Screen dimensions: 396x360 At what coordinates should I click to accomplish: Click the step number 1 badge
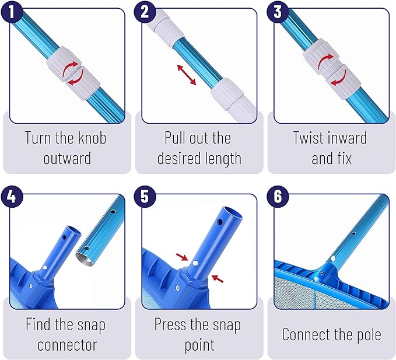[x=12, y=12]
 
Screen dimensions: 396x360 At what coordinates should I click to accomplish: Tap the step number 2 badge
[x=145, y=12]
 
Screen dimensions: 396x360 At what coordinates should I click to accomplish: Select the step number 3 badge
[x=278, y=12]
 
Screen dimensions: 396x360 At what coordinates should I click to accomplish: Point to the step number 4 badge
[x=12, y=197]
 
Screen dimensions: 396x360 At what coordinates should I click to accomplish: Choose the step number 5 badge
[x=145, y=197]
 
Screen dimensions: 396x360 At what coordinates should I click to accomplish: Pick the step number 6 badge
[x=278, y=197]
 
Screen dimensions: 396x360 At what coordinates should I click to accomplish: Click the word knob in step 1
[x=92, y=138]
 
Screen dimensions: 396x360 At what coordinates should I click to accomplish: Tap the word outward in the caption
[x=67, y=158]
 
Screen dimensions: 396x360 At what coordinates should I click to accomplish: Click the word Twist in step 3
[x=307, y=138]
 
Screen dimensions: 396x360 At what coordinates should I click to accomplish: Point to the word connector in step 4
[x=67, y=345]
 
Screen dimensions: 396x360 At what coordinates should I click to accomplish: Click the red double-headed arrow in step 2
[x=187, y=75]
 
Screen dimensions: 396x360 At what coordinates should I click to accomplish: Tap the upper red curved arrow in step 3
[x=325, y=61]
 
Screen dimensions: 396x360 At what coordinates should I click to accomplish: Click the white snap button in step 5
[x=195, y=263]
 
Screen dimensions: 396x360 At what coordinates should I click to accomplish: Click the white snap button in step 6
[x=333, y=258]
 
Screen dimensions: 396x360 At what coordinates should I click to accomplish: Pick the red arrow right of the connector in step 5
[x=218, y=279]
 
